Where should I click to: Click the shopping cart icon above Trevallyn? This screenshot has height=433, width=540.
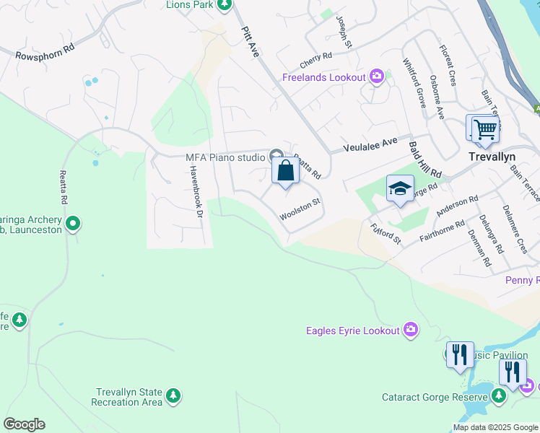tap(485, 130)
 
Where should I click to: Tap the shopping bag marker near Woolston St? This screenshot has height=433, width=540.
tap(286, 172)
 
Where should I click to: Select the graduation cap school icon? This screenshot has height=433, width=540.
tap(400, 189)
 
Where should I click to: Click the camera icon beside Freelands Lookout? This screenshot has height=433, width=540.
tap(376, 76)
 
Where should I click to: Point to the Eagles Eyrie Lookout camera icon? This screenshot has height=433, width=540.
tap(410, 330)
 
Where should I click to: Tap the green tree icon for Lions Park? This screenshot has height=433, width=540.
tap(224, 5)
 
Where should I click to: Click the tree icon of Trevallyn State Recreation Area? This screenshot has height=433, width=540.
tap(173, 395)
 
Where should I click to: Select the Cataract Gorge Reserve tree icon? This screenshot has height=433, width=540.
tap(498, 395)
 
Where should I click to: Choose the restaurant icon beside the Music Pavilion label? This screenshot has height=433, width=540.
tap(459, 355)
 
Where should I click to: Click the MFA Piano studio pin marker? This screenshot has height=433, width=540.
tap(276, 156)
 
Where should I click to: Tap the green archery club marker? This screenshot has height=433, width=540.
tap(72, 224)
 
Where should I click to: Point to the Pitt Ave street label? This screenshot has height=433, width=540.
tap(249, 40)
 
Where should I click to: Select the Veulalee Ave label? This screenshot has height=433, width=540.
tap(370, 144)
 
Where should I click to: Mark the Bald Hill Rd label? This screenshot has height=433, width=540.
tap(425, 159)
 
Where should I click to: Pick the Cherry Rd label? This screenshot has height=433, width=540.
tap(317, 56)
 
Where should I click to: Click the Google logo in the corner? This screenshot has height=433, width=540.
tap(25, 424)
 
